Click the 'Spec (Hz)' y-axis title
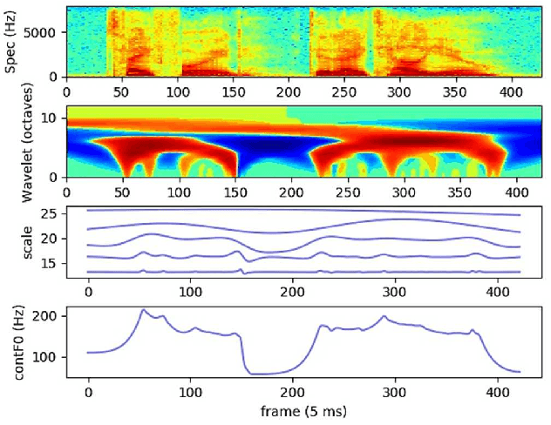click(x=12, y=42)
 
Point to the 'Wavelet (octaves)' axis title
click(x=12, y=142)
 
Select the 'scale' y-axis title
click(x=12, y=240)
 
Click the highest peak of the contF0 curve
click(x=143, y=310)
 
